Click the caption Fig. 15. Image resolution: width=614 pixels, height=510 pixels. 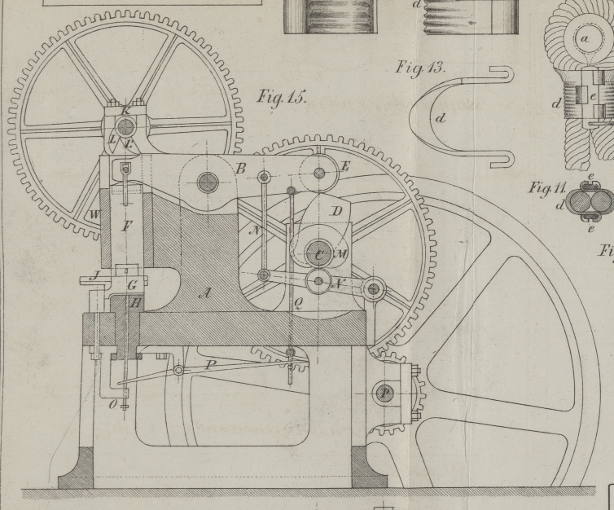pyautogui.click(x=281, y=97)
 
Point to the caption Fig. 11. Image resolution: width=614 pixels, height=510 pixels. pyautogui.click(x=547, y=188)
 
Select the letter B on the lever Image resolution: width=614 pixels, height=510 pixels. pyautogui.click(x=240, y=168)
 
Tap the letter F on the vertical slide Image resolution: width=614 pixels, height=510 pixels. pyautogui.click(x=127, y=226)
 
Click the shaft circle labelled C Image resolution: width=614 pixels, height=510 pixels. pyautogui.click(x=319, y=254)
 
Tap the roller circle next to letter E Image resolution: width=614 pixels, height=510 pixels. pyautogui.click(x=318, y=172)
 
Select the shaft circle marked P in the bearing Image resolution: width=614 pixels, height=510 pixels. pyautogui.click(x=385, y=393)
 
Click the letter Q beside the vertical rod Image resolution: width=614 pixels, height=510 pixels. pyautogui.click(x=298, y=306)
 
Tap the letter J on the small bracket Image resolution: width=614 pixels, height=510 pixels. pyautogui.click(x=94, y=276)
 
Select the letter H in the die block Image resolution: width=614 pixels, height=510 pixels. pyautogui.click(x=135, y=303)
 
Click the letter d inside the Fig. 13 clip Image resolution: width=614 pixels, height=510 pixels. pyautogui.click(x=441, y=118)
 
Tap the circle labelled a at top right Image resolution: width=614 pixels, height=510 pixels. pyautogui.click(x=585, y=38)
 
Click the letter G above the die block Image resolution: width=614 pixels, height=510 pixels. pyautogui.click(x=132, y=285)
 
